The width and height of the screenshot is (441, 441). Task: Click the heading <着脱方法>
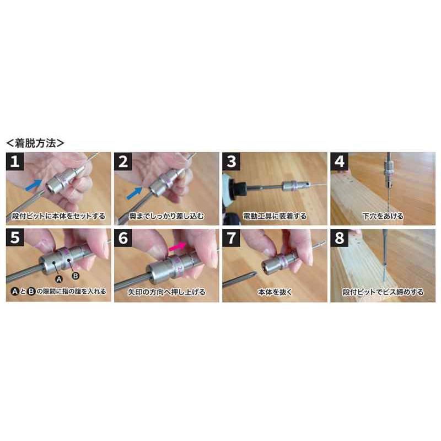35,143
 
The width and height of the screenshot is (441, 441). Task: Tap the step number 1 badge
15,162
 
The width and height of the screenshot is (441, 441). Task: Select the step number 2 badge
123,162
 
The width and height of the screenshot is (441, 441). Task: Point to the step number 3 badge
231,162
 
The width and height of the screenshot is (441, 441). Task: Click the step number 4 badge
339,162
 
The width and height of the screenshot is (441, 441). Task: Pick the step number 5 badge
15,238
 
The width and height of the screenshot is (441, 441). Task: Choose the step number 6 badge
123,238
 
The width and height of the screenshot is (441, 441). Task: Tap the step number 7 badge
231,238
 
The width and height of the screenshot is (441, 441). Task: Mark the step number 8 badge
339,238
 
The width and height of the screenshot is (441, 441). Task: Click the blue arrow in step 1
34,185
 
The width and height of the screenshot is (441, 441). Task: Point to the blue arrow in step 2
135,193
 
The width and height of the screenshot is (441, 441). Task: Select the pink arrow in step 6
177,246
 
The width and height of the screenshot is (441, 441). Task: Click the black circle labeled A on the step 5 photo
59,279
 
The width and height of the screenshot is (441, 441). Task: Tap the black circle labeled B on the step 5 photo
76,276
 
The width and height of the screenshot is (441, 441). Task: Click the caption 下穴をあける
383,216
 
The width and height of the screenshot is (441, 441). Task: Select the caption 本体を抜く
275,292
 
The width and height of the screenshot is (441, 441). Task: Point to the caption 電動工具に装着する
275,216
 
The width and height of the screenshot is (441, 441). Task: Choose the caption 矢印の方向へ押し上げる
167,292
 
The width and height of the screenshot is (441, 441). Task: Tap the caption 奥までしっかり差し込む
166,216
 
